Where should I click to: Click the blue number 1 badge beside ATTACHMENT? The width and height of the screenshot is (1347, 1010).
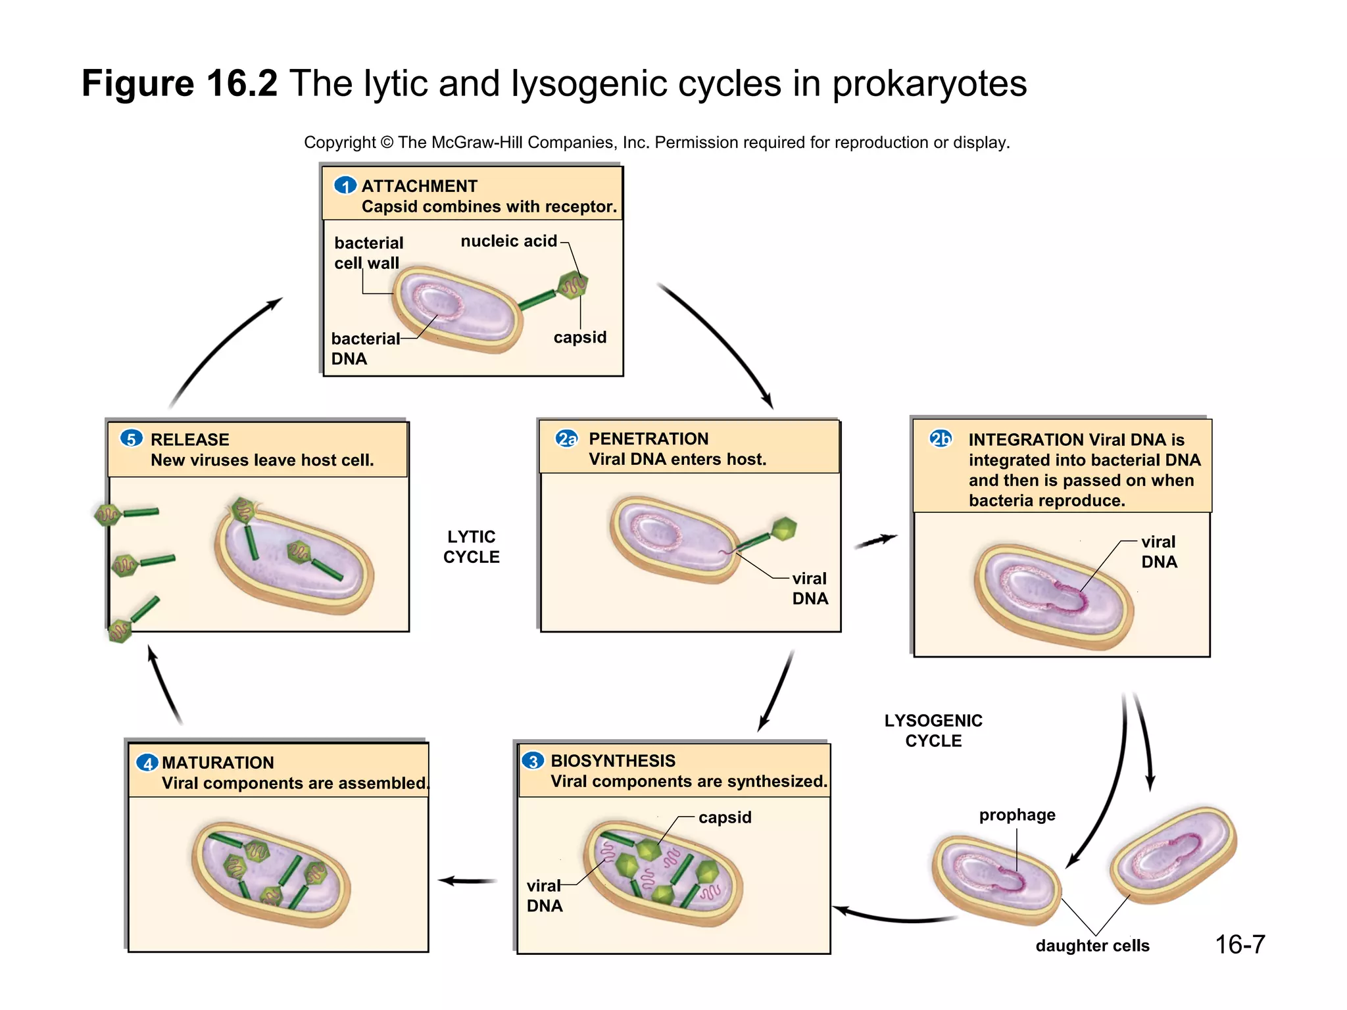click(x=345, y=186)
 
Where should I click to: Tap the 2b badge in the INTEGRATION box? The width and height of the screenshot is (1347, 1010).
click(x=941, y=439)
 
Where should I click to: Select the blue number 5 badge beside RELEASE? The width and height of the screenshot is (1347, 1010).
click(x=132, y=439)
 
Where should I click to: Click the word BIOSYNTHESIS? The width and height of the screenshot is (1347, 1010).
click(x=612, y=761)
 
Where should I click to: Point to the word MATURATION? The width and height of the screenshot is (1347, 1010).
click(x=218, y=763)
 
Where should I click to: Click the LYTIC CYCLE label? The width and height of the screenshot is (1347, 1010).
click(x=471, y=546)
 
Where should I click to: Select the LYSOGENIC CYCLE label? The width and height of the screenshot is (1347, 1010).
click(x=933, y=731)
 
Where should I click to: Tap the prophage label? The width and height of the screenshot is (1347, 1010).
click(x=1017, y=815)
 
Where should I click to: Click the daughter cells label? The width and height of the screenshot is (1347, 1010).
click(x=1092, y=946)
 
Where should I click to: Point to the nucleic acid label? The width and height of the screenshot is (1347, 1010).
click(x=508, y=241)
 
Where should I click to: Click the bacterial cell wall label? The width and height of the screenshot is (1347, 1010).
click(x=368, y=252)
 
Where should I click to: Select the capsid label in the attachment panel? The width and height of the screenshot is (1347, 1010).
click(x=579, y=337)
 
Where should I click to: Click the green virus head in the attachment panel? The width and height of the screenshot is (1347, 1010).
click(x=572, y=285)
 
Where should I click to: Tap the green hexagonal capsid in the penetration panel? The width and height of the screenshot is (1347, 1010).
click(x=783, y=529)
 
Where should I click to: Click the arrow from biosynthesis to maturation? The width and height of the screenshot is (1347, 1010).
click(x=468, y=880)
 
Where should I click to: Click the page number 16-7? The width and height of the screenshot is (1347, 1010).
click(x=1239, y=945)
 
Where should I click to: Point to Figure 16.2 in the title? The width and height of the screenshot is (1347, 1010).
click(x=180, y=84)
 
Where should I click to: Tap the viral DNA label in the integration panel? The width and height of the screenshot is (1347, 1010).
click(x=1158, y=552)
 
